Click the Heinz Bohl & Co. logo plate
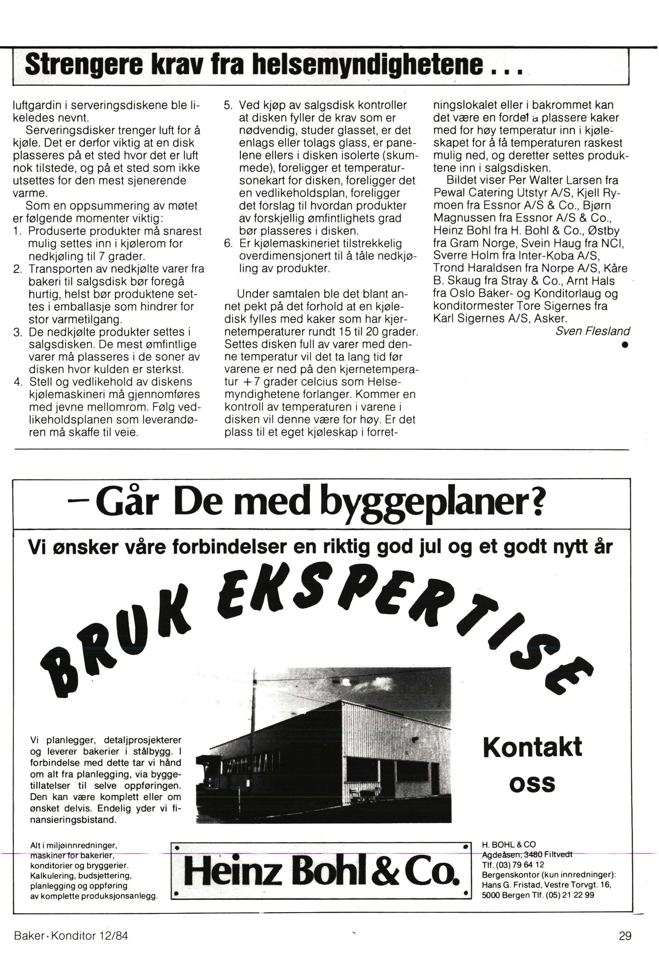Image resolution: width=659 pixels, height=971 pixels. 321,872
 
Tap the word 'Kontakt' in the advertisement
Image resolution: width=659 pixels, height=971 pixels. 532,747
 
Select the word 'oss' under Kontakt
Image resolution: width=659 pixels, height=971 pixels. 532,783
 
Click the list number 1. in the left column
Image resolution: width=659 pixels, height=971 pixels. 17,231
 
